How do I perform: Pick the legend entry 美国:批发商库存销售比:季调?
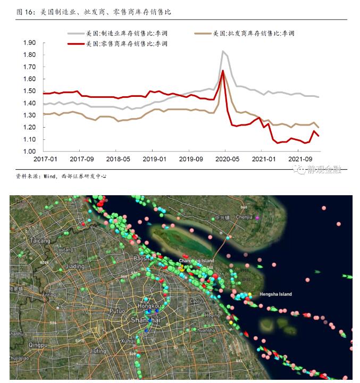tap(254, 33)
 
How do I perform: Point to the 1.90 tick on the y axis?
tap(30, 43)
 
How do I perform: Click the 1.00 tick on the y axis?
tap(30, 152)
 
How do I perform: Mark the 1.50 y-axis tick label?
tap(30, 91)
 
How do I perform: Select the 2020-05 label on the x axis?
tap(227, 159)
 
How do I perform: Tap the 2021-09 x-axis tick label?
tap(299, 159)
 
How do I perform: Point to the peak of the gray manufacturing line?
tap(223, 52)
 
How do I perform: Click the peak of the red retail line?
tap(223, 71)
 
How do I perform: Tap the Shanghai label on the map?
tap(145, 320)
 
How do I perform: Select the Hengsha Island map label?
tap(275, 294)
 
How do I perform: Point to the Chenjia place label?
tap(244, 217)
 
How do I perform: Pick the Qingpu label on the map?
tap(38, 345)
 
